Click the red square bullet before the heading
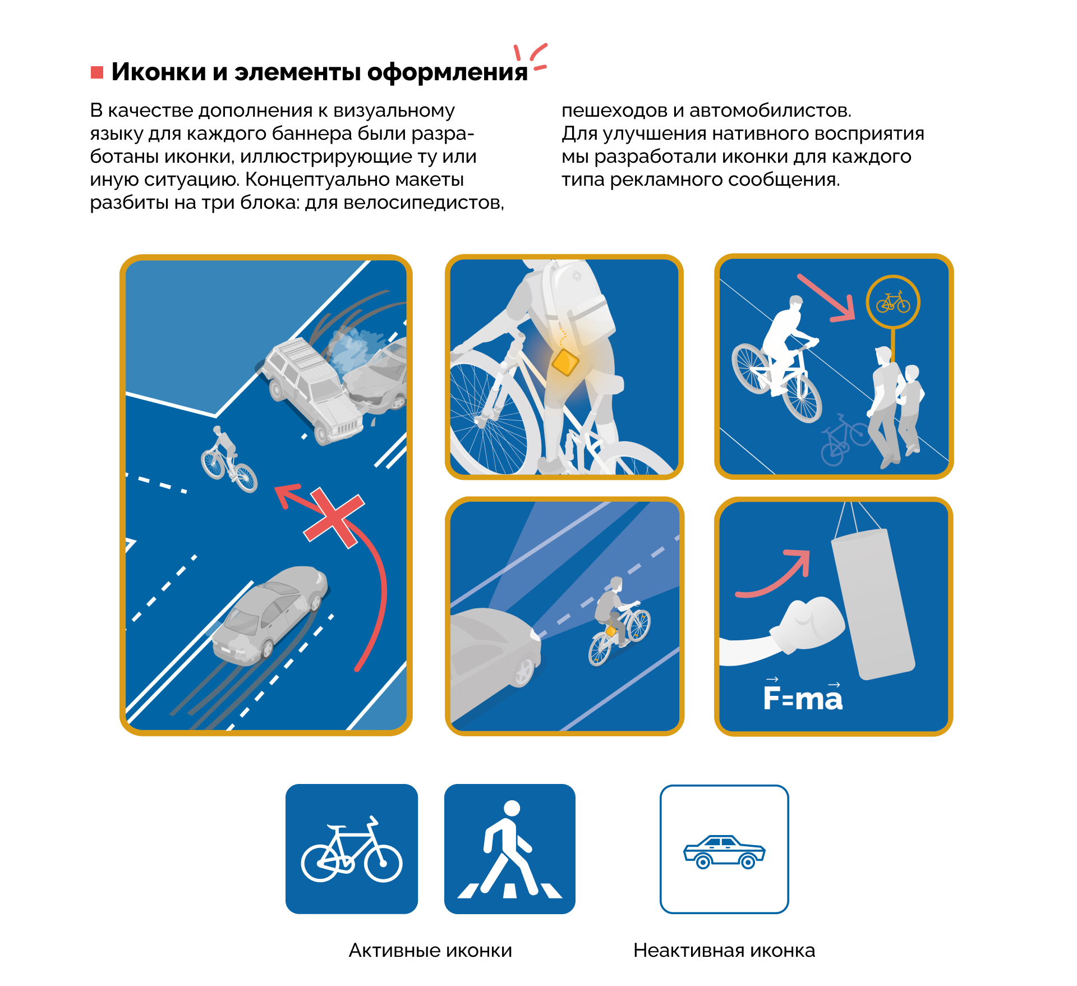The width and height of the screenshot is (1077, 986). coord(97,72)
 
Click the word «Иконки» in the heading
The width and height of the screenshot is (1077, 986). coord(159,72)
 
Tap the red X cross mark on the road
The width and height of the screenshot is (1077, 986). coord(334,518)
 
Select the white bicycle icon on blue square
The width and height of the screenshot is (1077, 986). coord(352,849)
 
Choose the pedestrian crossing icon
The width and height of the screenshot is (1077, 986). coord(510,849)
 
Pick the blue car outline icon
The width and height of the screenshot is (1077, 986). coord(724,852)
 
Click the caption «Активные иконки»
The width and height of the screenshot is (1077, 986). coord(430,950)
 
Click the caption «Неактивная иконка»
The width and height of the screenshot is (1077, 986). coord(724,950)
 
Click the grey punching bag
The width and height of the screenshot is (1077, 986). coord(873,603)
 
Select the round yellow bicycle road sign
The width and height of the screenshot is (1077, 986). coord(893,302)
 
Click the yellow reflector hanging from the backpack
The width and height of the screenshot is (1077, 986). coord(565,362)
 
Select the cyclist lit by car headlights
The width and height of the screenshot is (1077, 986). coord(619,621)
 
